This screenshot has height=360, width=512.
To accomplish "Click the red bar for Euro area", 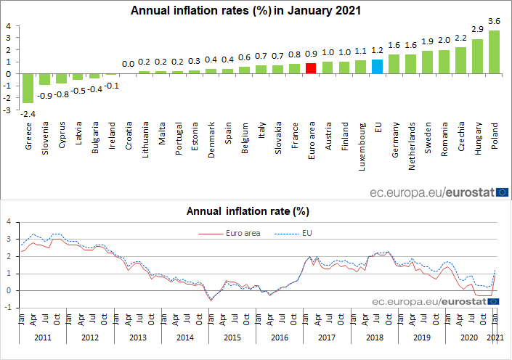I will [x=311, y=68].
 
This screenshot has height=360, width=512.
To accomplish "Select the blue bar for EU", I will [x=377, y=66].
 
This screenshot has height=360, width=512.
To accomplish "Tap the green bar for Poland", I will [x=495, y=52].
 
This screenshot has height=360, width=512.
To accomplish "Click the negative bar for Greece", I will [x=28, y=88].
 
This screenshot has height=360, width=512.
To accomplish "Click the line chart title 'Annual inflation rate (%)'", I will [x=248, y=212].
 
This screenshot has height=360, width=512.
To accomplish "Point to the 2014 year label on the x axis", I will [x=184, y=337].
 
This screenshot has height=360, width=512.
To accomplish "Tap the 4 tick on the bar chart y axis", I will [x=8, y=26].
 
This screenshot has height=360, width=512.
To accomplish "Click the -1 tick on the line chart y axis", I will [x=7, y=308].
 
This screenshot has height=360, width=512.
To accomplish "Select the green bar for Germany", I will [x=394, y=64].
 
